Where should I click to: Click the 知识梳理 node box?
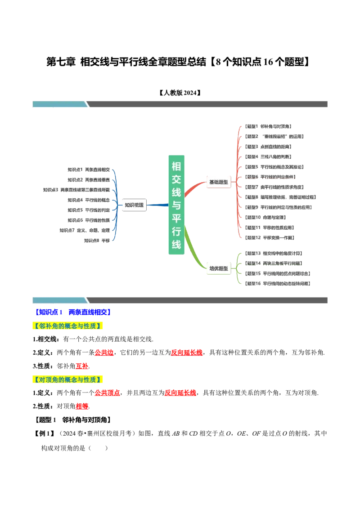134,205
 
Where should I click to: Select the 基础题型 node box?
219,182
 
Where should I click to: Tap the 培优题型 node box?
219,268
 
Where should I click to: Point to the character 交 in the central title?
176,179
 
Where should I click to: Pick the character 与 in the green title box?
176,205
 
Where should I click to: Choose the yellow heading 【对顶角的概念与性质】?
68,380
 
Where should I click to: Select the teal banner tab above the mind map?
58,104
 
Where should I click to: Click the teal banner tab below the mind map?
58,300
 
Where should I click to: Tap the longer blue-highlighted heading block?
90,312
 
